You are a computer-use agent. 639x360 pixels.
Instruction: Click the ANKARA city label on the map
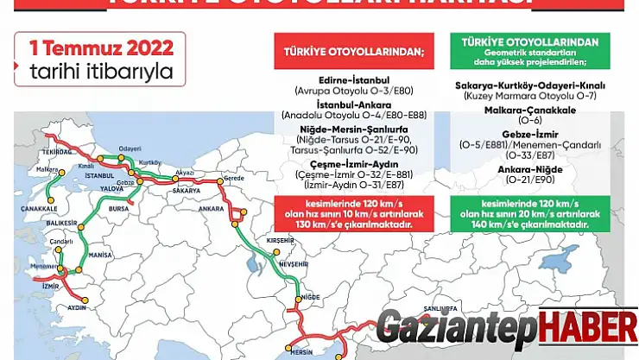(x=211, y=208)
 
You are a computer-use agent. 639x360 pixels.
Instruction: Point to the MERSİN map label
(x=301, y=351)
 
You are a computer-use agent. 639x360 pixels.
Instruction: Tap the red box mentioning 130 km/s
(x=354, y=212)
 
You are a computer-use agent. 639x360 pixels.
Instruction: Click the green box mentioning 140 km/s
(x=530, y=212)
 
